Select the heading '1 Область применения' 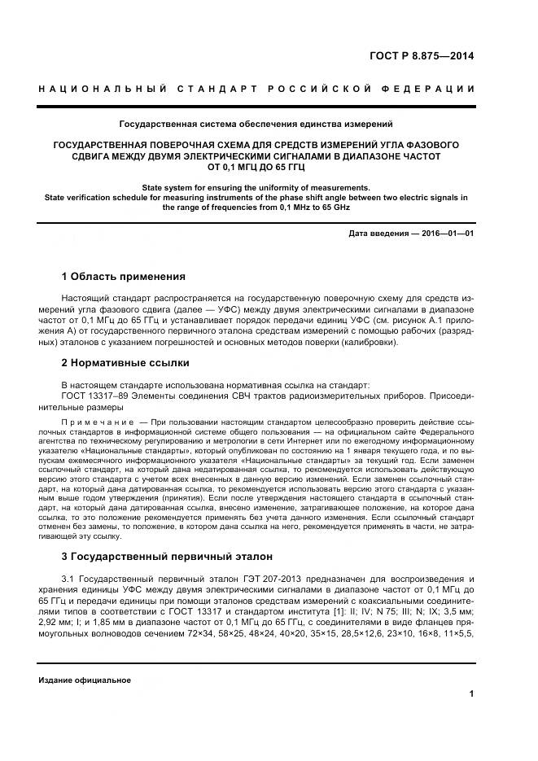click(123, 276)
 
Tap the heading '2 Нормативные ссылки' click(125, 362)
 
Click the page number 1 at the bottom click(471, 693)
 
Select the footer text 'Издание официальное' click(85, 680)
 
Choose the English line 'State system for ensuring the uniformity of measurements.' click(256, 187)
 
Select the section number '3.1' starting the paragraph click(68, 579)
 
